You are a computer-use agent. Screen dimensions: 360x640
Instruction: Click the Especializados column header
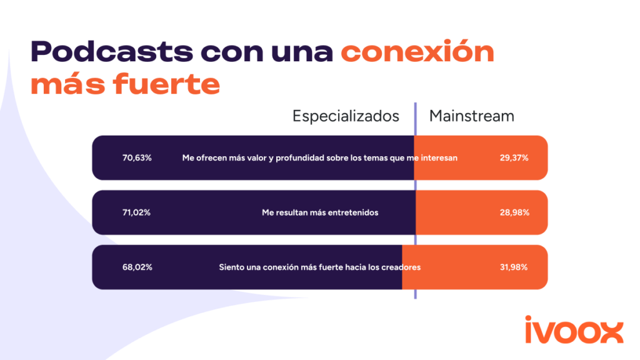(x=346, y=116)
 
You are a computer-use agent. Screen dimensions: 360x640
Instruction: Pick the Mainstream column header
(x=471, y=116)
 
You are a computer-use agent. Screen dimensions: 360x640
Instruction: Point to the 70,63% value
(x=137, y=158)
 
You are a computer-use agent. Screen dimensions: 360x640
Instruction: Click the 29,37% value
(x=514, y=158)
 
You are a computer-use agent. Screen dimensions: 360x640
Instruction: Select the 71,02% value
(x=136, y=212)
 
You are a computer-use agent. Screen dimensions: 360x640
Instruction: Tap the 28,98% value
(x=514, y=212)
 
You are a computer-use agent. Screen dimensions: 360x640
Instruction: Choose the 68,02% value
(x=137, y=267)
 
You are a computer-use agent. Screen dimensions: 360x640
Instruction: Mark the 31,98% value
(x=514, y=267)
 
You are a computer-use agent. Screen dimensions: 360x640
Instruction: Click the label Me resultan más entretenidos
(x=319, y=212)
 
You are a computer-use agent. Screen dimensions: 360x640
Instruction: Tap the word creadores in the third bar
(x=401, y=267)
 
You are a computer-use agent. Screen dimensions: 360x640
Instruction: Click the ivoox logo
(x=573, y=330)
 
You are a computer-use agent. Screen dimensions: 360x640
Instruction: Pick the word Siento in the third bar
(x=231, y=267)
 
